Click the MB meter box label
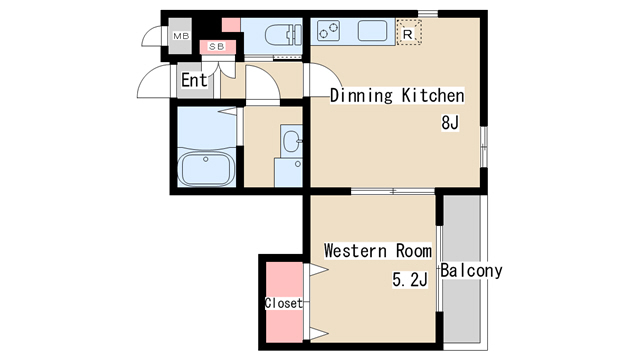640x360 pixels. coord(181,36)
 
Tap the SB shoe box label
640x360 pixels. coord(217,47)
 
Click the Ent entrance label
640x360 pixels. coord(194,80)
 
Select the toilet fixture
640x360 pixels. coord(283,35)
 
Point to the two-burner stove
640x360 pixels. coord(329,31)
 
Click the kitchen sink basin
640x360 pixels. coord(372,31)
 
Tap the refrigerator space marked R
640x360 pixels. coord(409,32)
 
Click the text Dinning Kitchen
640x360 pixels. coord(397,96)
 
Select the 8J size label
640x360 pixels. coord(450,122)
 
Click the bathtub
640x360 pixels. coord(206,168)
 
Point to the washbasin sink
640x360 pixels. coord(292,141)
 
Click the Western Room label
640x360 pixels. coord(378,251)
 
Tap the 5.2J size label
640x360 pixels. coord(410,280)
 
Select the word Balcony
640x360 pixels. coord(471,271)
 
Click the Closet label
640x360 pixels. coord(284,303)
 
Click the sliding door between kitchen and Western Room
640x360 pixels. coord(393,191)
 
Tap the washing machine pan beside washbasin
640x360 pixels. coord(289,173)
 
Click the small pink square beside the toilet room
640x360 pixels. coord(231,25)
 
